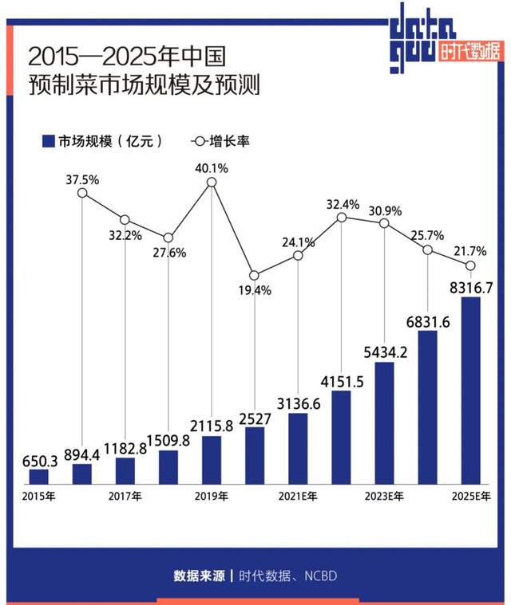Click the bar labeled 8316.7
pyautogui.click(x=471, y=391)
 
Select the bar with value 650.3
pyautogui.click(x=39, y=477)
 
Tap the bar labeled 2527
pyautogui.click(x=255, y=455)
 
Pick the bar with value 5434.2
pyautogui.click(x=384, y=423)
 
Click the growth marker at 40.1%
pyautogui.click(x=212, y=183)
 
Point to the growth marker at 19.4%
pyautogui.click(x=255, y=275)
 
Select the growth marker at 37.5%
pyautogui.click(x=82, y=194)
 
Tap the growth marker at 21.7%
pyautogui.click(x=471, y=265)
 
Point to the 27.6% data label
pyautogui.click(x=168, y=253)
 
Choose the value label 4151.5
pyautogui.click(x=342, y=381)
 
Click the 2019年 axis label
pyautogui.click(x=212, y=497)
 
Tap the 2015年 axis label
pyautogui.click(x=39, y=497)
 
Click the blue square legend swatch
pyautogui.click(x=47, y=141)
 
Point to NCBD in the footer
pyautogui.click(x=318, y=575)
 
